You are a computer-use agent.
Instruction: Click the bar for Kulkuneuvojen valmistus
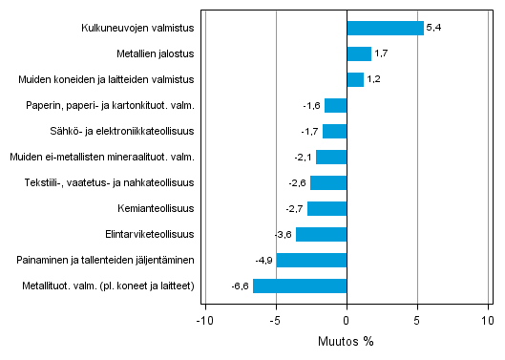(x=385, y=29)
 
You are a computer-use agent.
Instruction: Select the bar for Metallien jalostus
(x=359, y=54)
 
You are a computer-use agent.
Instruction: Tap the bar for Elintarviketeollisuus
(x=321, y=234)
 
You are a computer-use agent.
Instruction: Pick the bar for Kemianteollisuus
(x=327, y=208)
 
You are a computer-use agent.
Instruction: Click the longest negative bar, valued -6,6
(x=300, y=286)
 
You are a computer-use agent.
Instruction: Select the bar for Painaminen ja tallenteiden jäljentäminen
(x=311, y=260)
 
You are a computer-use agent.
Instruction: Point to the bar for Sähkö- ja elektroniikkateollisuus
(x=334, y=131)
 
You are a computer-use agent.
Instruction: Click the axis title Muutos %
(x=347, y=340)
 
